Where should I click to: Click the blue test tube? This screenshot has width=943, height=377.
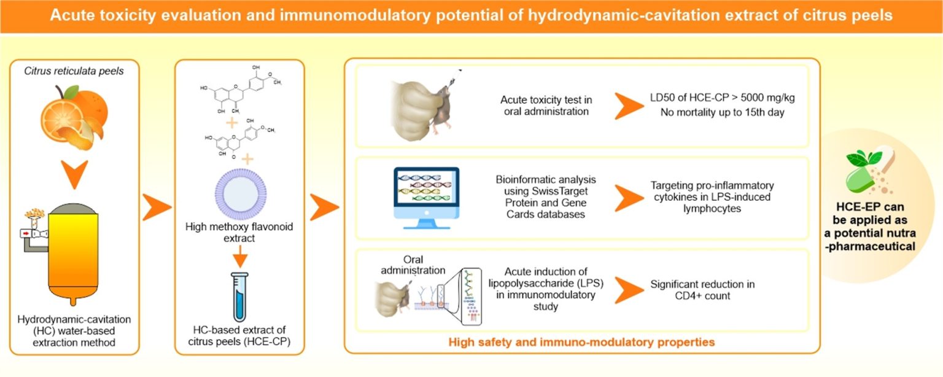[x=239, y=296]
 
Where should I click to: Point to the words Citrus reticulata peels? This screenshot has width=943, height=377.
[x=74, y=71]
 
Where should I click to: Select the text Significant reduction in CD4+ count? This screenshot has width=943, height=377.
[x=702, y=290]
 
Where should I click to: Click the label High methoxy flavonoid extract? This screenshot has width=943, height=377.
[x=239, y=233]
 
